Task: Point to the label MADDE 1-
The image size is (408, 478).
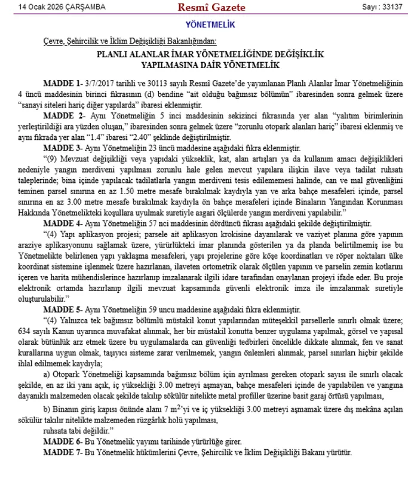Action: coord(62,82)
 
